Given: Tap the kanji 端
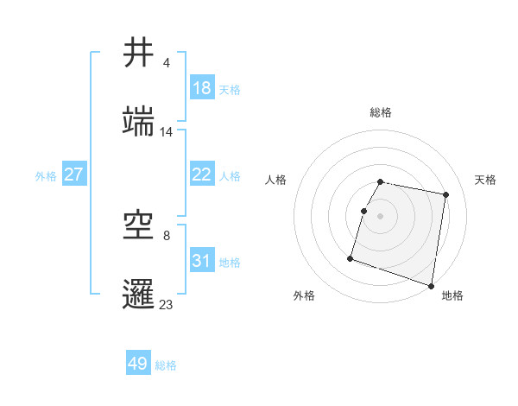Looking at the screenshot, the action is click(x=139, y=123).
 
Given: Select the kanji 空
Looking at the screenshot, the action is click(x=139, y=226).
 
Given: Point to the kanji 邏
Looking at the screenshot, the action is click(x=139, y=295).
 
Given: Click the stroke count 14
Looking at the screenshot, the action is click(x=167, y=132).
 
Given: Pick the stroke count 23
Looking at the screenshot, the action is click(x=167, y=304).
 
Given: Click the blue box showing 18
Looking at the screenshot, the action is click(x=202, y=88).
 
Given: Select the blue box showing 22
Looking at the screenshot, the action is click(x=202, y=174).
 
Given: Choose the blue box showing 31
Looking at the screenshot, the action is click(x=202, y=261).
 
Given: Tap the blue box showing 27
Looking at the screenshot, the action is click(x=74, y=174).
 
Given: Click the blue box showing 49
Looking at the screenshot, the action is click(x=138, y=364).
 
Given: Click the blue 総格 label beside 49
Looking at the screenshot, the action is click(x=166, y=365).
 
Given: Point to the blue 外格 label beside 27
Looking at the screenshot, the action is click(x=46, y=175).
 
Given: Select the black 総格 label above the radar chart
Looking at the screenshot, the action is click(x=381, y=112).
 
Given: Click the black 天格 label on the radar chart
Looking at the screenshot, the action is click(x=486, y=180).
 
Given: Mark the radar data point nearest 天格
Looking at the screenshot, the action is click(x=445, y=195).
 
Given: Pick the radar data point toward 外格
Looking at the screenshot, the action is click(x=351, y=257).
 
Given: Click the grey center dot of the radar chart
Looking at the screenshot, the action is click(x=381, y=215).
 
